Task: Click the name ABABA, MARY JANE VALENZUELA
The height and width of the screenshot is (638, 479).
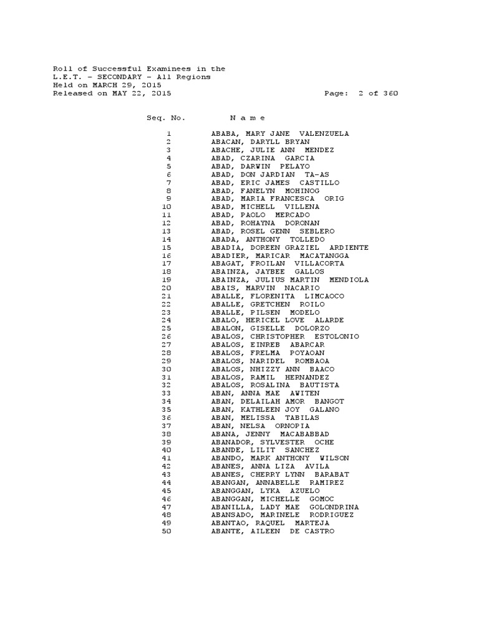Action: tap(280, 134)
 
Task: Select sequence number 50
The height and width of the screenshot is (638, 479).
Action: tap(166, 531)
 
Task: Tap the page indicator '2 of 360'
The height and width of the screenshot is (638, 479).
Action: tap(378, 93)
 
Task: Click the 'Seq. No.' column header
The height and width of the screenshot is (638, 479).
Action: tap(166, 118)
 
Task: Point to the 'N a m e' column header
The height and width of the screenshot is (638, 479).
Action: tap(248, 118)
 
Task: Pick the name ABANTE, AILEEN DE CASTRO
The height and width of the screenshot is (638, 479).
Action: tap(273, 531)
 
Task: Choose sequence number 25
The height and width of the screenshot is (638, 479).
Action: tap(166, 328)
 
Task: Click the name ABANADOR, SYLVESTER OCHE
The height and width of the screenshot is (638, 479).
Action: tap(273, 442)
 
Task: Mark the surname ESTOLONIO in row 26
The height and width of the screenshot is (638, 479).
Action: tap(337, 336)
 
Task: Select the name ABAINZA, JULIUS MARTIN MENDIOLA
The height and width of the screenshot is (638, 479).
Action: tap(290, 280)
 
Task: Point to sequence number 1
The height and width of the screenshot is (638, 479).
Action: tap(168, 134)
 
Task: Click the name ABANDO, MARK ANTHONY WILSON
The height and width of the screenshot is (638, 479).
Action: tap(280, 459)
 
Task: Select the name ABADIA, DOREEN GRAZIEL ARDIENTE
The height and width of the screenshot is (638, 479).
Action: tap(290, 247)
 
